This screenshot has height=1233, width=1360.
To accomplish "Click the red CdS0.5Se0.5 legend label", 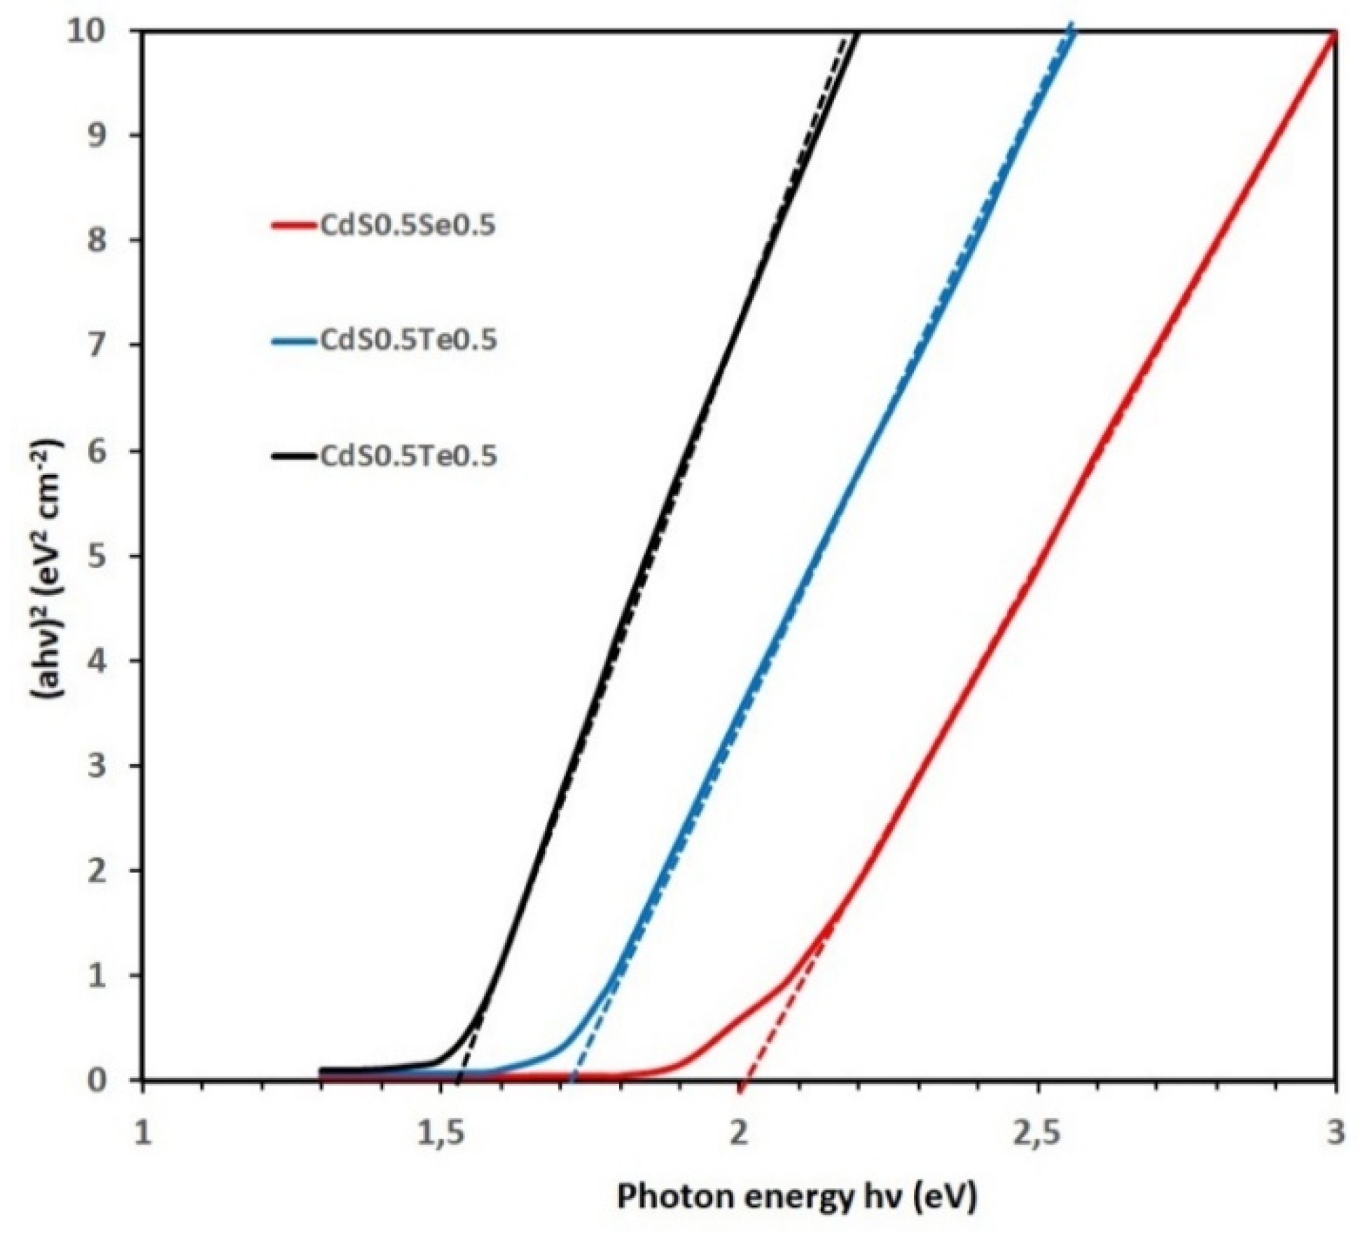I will pyautogui.click(x=408, y=226).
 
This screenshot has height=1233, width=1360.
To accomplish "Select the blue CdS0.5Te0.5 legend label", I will pyautogui.click(x=408, y=340).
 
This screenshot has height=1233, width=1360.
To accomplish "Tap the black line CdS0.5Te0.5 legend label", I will pyautogui.click(x=408, y=456).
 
